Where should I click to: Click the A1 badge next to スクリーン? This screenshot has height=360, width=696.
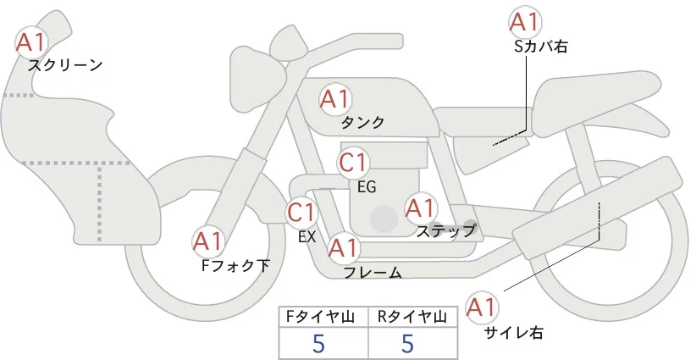[32, 41]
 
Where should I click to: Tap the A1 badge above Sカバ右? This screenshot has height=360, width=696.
[523, 22]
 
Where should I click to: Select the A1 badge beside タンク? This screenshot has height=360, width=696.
[334, 99]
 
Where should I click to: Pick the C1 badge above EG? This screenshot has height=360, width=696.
[353, 161]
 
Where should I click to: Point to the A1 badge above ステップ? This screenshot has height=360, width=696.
[421, 207]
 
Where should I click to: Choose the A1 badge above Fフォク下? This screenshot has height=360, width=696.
[207, 242]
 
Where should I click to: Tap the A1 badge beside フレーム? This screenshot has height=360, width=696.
[343, 248]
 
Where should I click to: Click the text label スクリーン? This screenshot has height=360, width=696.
[65, 64]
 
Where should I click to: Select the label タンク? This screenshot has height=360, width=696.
[362, 123]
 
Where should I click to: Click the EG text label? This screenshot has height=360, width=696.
[367, 186]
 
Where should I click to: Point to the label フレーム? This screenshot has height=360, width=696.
[373, 273]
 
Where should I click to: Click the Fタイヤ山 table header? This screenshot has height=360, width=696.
[323, 317]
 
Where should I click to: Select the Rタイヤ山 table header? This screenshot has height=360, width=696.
[412, 317]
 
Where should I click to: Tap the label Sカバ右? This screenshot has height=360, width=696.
[541, 47]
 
